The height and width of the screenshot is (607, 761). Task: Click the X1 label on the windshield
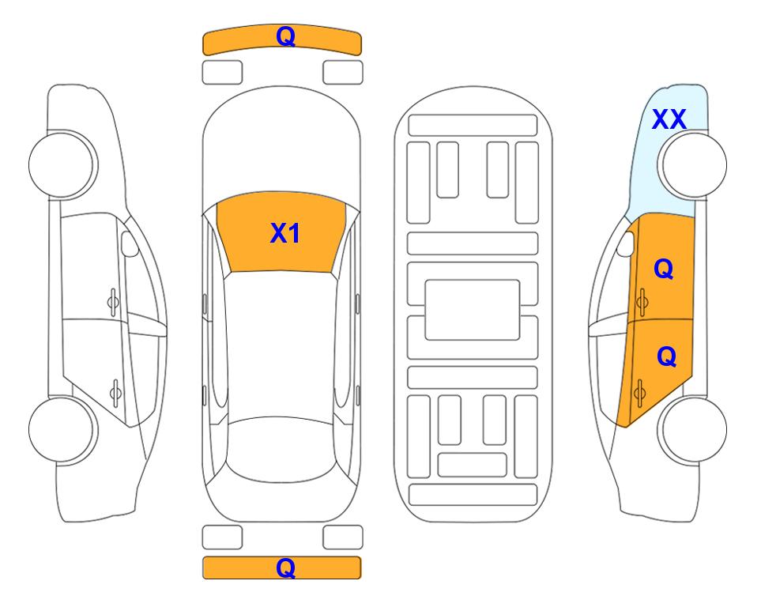coord(285,233)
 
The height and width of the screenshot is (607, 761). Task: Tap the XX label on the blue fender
coord(669,119)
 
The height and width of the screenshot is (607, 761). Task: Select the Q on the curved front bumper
coord(285,36)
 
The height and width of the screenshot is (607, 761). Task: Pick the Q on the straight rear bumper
coord(285,567)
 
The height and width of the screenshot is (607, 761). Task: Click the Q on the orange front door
coord(664,269)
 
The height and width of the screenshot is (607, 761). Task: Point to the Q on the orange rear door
coord(666,356)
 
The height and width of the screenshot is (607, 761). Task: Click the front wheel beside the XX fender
coord(692,165)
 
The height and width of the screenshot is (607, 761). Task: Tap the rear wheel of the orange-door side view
coord(692,429)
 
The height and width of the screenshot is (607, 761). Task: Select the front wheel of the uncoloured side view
coord(63,165)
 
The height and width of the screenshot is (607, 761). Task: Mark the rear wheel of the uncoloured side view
coord(63,429)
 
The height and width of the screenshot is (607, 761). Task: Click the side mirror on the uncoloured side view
coord(129,243)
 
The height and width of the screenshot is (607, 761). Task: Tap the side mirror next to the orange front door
coord(626,243)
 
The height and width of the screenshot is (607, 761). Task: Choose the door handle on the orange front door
coord(642,302)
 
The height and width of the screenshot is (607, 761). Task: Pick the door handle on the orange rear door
coord(639,393)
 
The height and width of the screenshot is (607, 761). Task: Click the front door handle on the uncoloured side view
coord(113,302)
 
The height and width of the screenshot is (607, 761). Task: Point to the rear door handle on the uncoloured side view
coord(115,393)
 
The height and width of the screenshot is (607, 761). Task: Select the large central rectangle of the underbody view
coord(473,310)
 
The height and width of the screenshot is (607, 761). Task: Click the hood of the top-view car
coord(281,145)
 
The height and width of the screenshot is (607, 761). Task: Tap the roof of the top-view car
coord(281,345)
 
